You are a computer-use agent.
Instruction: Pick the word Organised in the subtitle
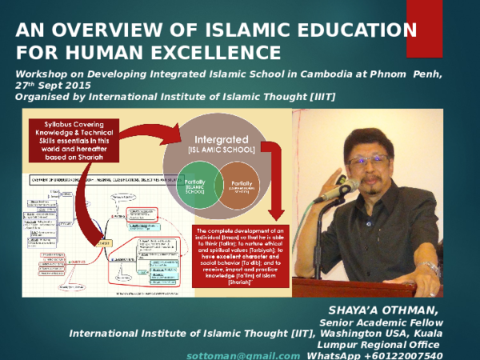coord(45,97)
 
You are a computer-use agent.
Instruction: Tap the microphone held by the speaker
coord(336,190)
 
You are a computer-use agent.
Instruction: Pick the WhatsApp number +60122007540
coord(406,355)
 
